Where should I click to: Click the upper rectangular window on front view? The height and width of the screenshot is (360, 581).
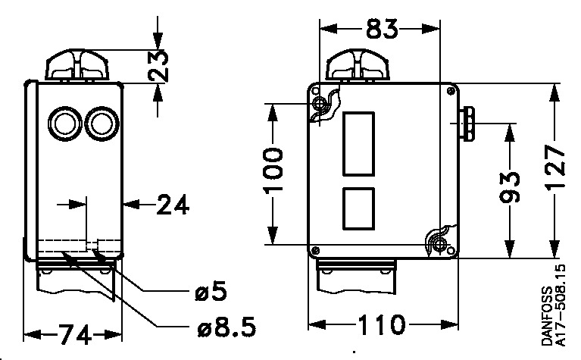pos(361,142)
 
